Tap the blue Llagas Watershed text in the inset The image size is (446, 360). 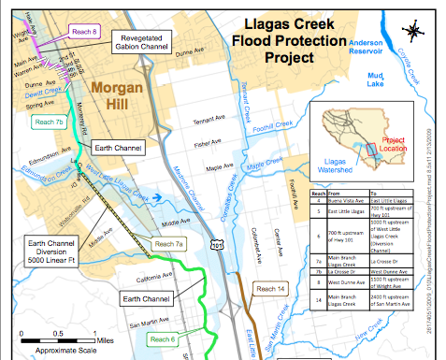pos(335,165)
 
